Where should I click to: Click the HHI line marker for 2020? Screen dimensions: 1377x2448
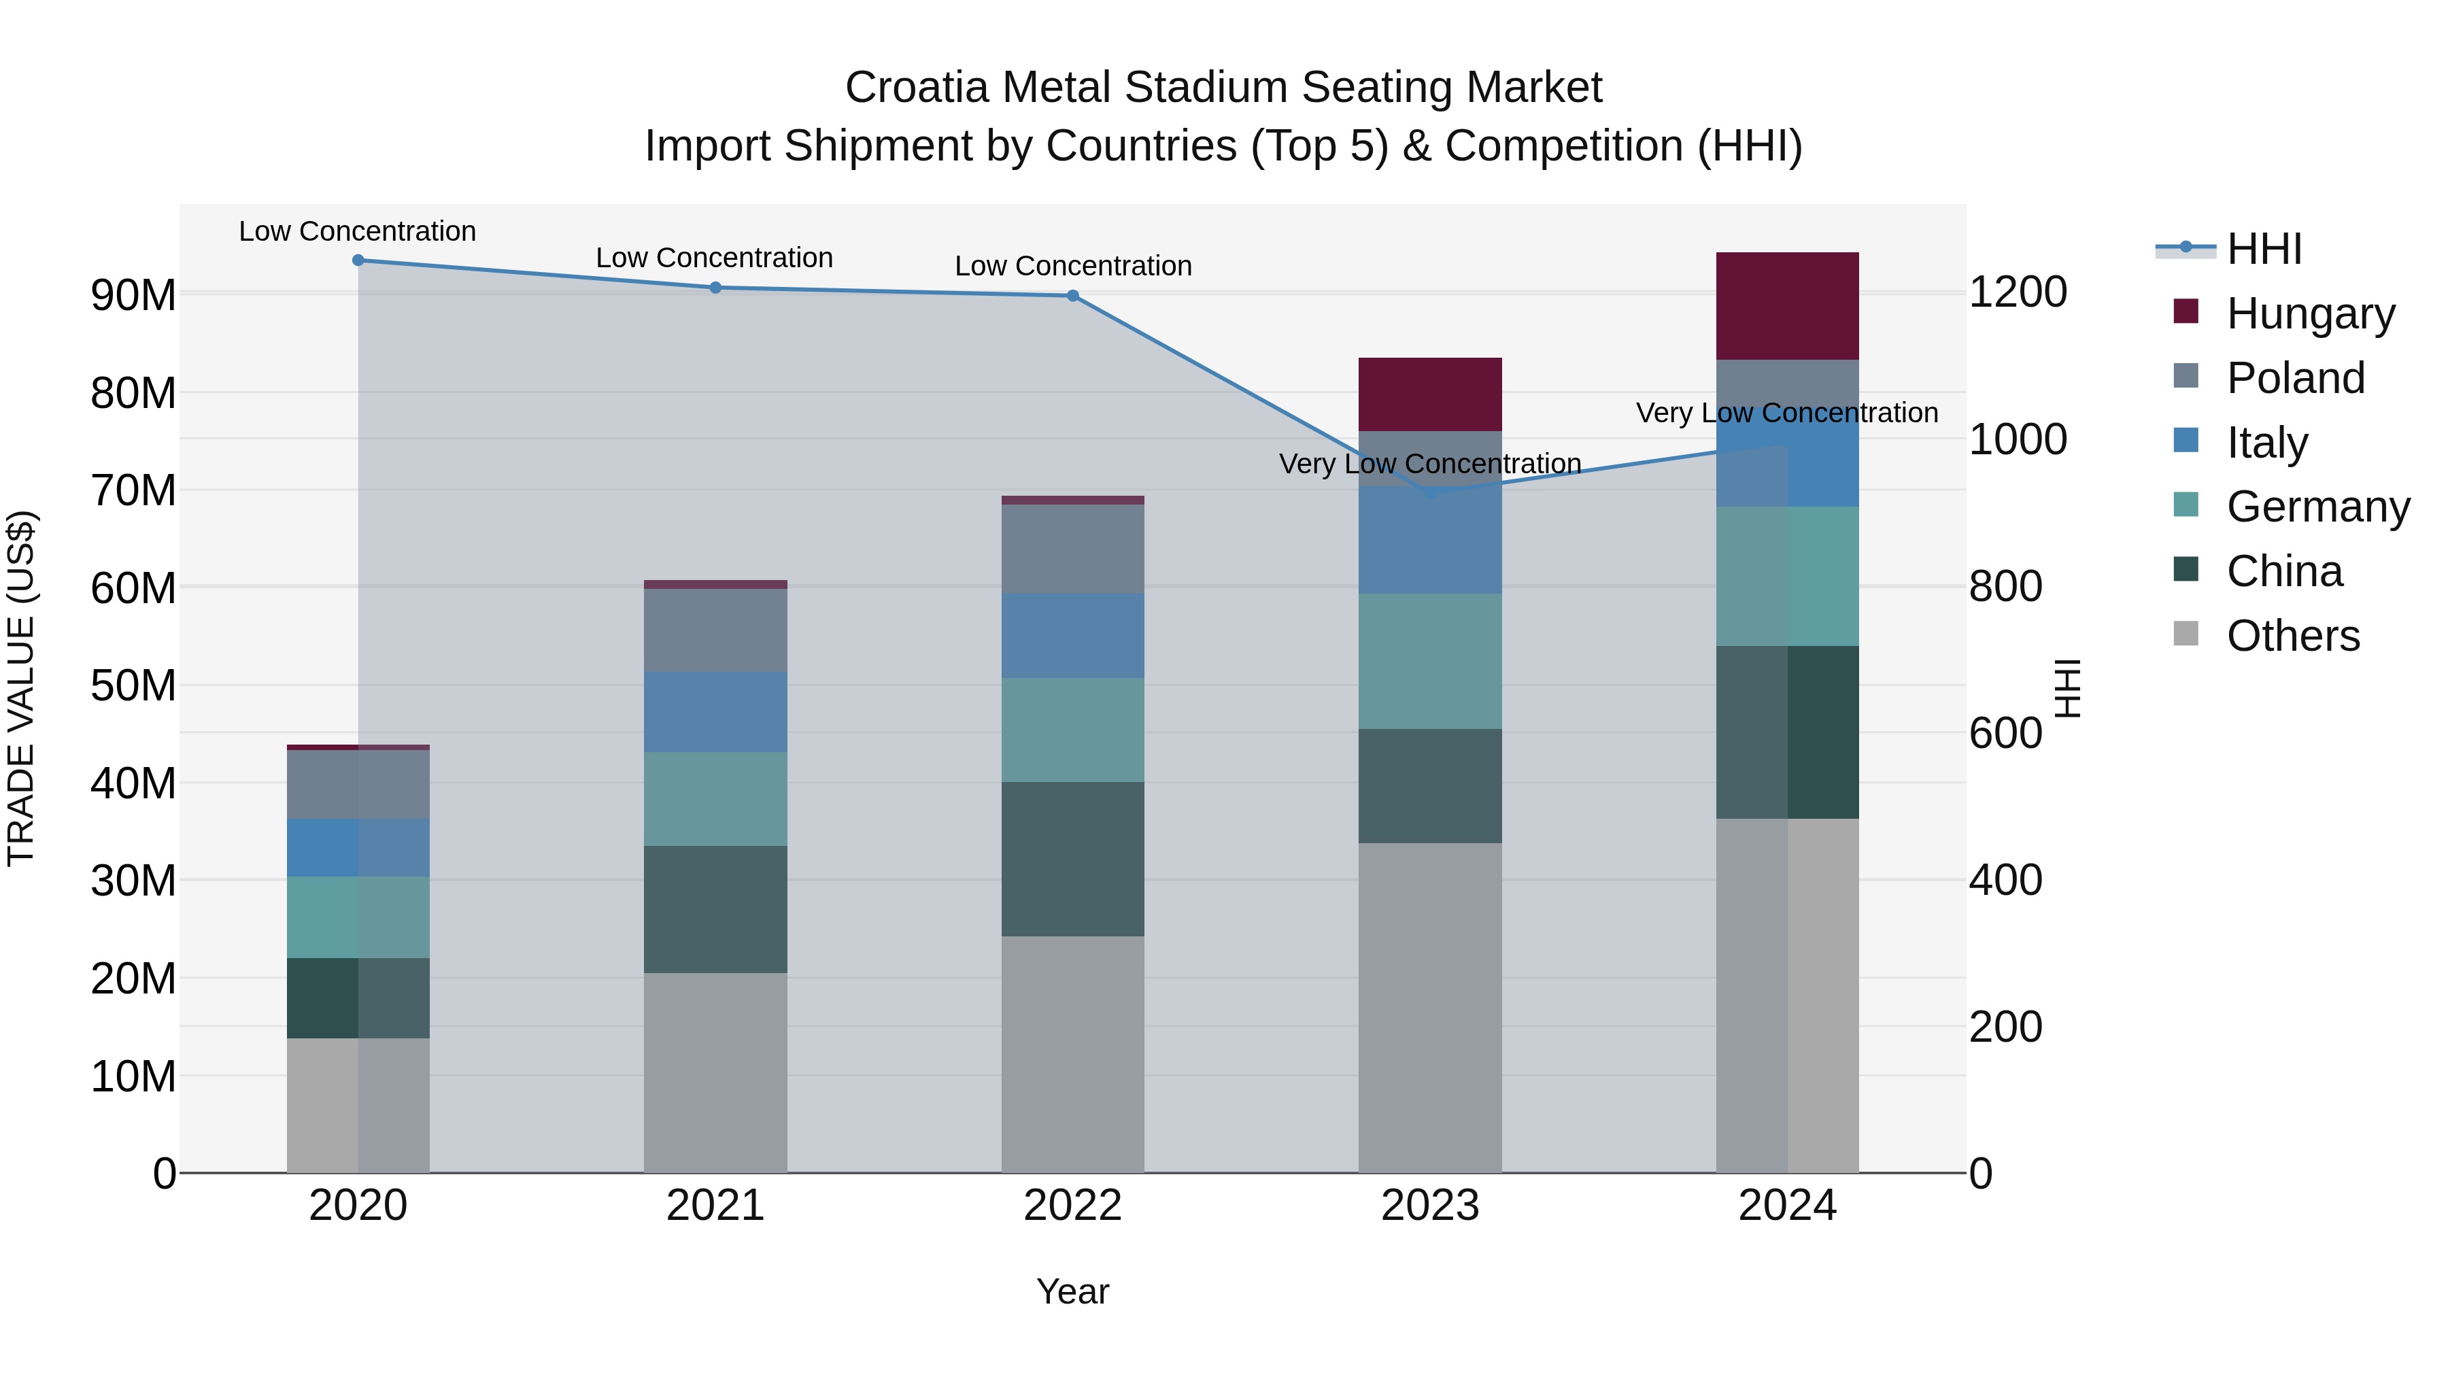pyautogui.click(x=358, y=260)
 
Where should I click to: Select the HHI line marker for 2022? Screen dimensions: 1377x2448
pyautogui.click(x=1073, y=296)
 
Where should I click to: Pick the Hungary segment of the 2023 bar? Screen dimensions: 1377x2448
pyautogui.click(x=1429, y=394)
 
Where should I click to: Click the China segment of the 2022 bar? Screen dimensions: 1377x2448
pyautogui.click(x=1073, y=859)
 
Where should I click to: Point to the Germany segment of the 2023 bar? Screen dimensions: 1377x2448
pyautogui.click(x=1429, y=662)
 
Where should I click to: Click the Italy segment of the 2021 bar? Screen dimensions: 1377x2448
pyautogui.click(x=715, y=712)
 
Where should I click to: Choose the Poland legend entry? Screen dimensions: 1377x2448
pyautogui.click(x=2294, y=378)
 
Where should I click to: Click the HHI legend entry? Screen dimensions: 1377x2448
pyautogui.click(x=2264, y=249)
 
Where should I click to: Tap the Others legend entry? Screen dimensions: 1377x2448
pyautogui.click(x=2292, y=636)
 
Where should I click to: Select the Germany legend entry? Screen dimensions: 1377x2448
pyautogui.click(x=2317, y=507)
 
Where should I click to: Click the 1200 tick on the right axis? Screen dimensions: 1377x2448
pyautogui.click(x=2018, y=292)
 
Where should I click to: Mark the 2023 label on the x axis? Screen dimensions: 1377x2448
pyautogui.click(x=1429, y=1206)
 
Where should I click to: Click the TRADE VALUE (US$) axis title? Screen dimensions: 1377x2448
pyautogui.click(x=21, y=688)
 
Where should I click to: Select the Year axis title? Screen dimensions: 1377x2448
pyautogui.click(x=1073, y=1291)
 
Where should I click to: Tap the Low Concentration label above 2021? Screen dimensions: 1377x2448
pyautogui.click(x=715, y=258)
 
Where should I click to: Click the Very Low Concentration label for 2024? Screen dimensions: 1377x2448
pyautogui.click(x=1786, y=413)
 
